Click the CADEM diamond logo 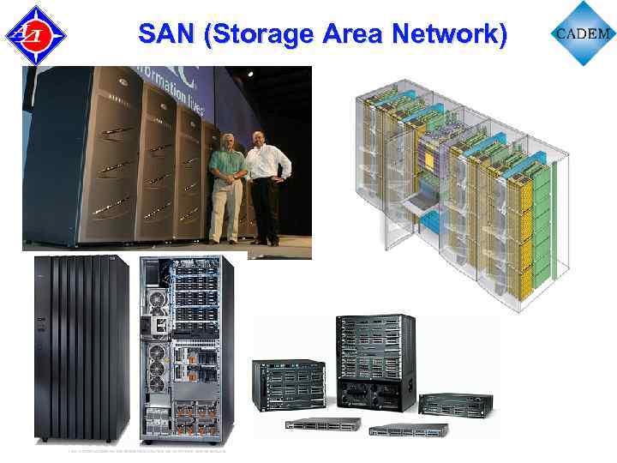[584, 33]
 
